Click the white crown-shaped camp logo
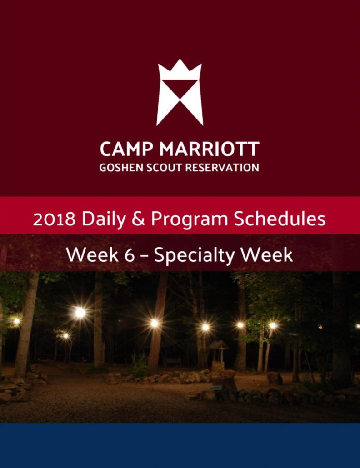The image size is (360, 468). [180, 92]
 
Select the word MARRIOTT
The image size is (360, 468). [209, 149]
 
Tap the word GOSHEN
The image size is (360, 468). [121, 168]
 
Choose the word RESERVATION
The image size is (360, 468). [222, 168]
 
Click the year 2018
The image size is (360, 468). [54, 219]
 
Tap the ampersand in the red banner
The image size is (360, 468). [138, 219]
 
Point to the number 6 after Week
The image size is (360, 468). [129, 255]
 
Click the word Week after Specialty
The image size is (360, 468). [267, 255]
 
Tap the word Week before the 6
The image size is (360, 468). [92, 255]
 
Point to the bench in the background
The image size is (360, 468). [172, 362]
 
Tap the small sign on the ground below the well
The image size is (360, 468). [216, 388]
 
